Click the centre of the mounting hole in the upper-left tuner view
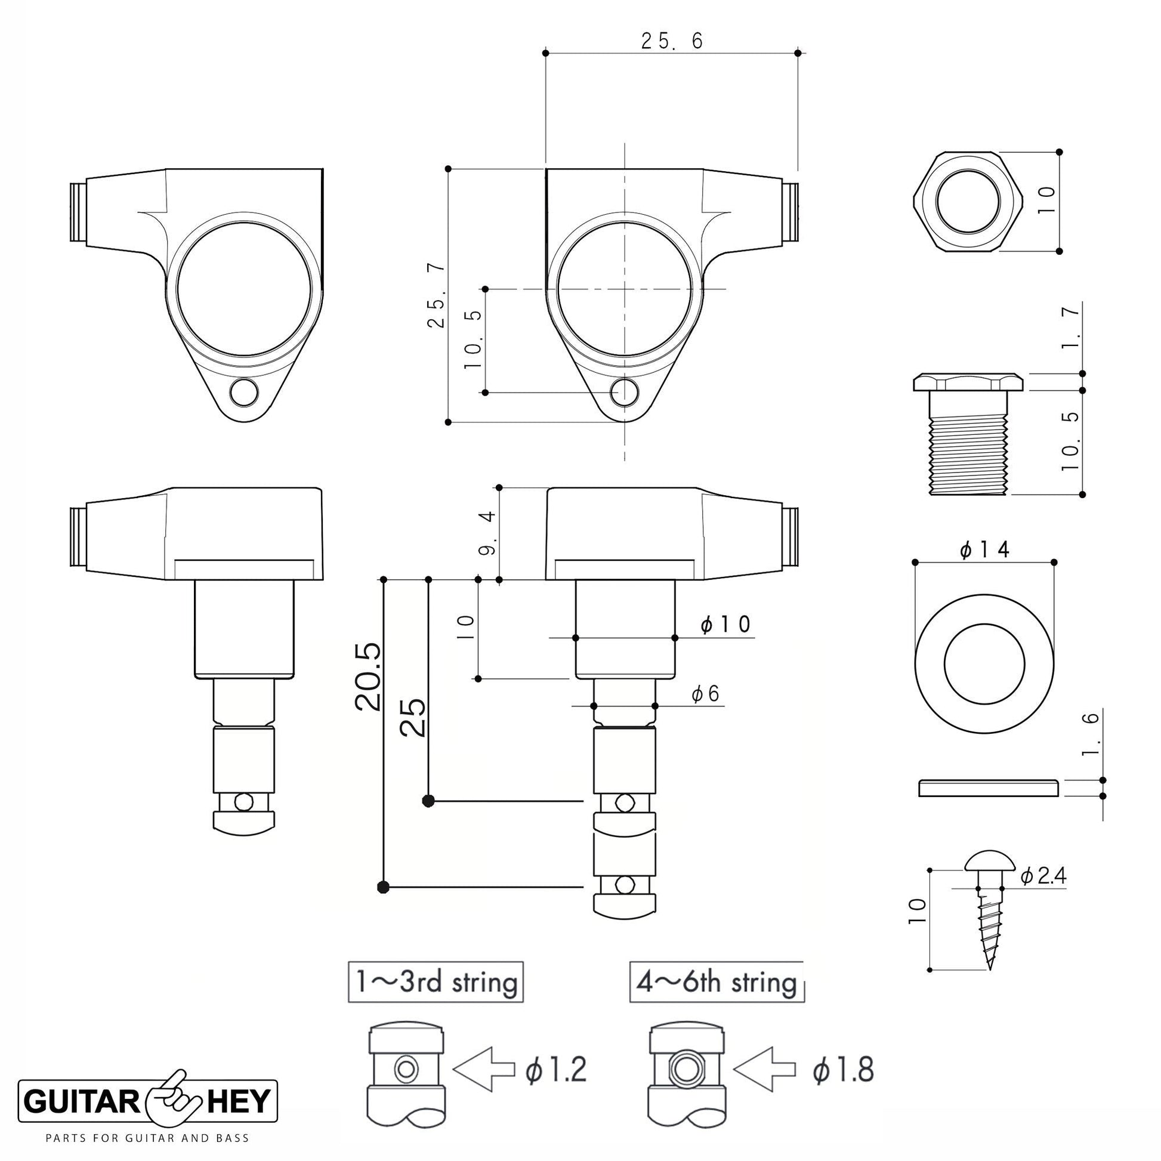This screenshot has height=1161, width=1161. click(x=244, y=393)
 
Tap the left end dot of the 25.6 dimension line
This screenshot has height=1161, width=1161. click(x=546, y=54)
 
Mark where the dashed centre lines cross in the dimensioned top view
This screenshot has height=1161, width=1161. click(x=625, y=289)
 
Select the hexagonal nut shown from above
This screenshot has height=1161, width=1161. click(x=967, y=201)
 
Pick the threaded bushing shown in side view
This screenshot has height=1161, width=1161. click(x=968, y=433)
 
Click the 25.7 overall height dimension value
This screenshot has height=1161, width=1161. click(x=437, y=296)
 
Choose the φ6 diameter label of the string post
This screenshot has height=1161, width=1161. click(x=705, y=694)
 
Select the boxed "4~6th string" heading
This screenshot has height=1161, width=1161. click(x=717, y=982)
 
